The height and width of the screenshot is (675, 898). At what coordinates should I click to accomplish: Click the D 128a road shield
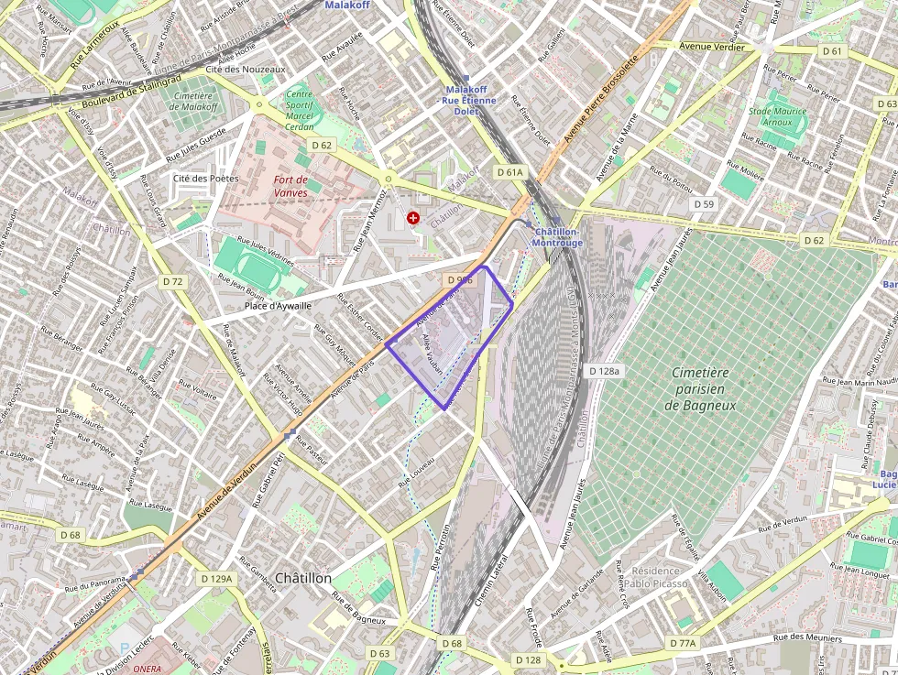point(604,371)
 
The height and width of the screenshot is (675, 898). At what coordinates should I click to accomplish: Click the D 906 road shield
point(460,279)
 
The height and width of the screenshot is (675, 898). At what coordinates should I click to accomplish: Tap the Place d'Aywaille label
point(278,306)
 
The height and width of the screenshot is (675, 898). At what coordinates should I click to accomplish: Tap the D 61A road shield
point(510,172)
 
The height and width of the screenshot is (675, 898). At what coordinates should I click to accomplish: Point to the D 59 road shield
point(703,204)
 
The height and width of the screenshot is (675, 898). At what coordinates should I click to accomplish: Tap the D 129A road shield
point(217,579)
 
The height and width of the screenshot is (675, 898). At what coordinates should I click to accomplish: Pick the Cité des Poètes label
point(205,178)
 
